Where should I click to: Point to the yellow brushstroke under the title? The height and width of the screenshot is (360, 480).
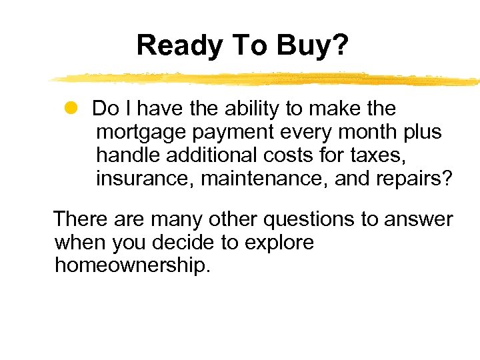point(267,79)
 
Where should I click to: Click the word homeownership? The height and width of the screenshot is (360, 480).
point(132,266)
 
